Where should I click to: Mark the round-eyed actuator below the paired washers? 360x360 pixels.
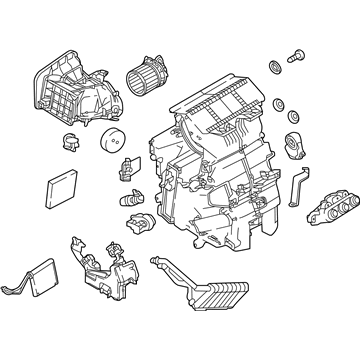click(x=298, y=147)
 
